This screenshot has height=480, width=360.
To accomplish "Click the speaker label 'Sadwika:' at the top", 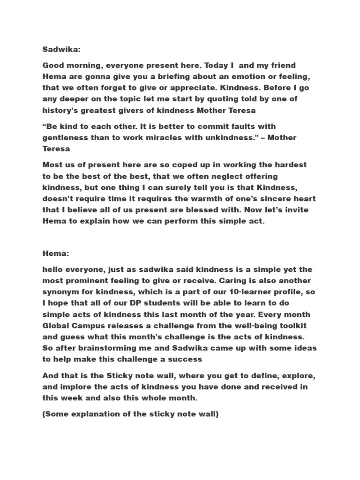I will tap(59, 49).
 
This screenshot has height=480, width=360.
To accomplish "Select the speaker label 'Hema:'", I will tap(55, 254).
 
